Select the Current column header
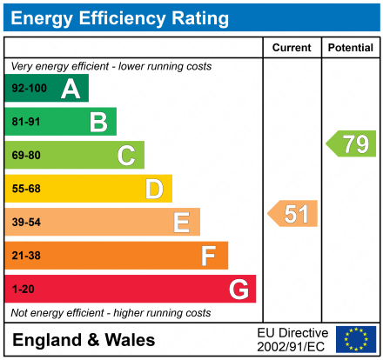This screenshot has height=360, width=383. pos(292,48)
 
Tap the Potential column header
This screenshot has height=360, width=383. pos(350,48)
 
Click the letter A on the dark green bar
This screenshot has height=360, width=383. pos(71,89)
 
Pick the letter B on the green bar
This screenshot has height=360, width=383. pos(98,122)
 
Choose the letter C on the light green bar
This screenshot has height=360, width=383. pos(126,156)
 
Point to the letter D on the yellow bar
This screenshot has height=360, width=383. pos(154,189)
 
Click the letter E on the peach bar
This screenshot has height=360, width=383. pos(181,223)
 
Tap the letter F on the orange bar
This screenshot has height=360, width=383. pos(209,256)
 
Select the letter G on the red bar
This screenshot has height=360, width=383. pos(238,289)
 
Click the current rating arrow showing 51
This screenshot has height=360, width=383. pos(293,214)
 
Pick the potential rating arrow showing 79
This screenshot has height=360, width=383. pos(352,143)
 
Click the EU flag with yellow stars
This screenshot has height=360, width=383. pos(356,339)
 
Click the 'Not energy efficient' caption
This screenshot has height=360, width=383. pos(110,312)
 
